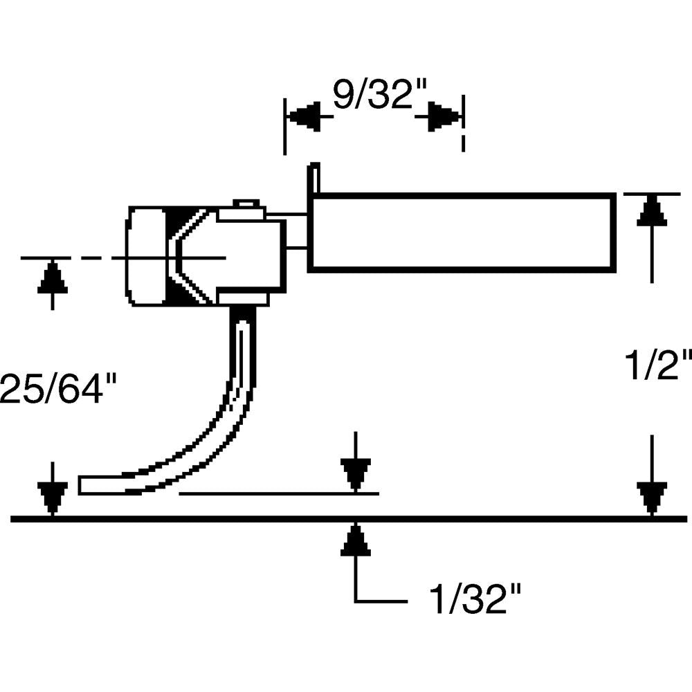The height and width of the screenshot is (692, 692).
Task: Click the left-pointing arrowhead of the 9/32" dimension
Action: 304,117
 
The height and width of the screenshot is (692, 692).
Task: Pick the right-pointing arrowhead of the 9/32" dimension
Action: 443,117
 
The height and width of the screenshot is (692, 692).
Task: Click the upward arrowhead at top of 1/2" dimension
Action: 651,210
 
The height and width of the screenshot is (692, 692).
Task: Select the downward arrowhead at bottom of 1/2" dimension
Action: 651,498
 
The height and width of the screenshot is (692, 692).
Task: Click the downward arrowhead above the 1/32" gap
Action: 355,474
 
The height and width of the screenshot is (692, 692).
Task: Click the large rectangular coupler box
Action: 462,232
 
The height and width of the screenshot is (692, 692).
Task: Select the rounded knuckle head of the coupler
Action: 145,256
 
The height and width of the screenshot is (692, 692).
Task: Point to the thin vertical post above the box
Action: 314,178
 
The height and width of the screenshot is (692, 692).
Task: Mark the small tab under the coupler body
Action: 242,299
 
